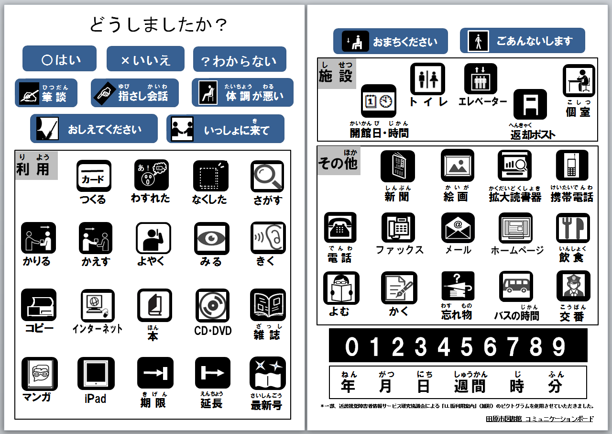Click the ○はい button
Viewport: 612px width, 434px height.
pos(59,59)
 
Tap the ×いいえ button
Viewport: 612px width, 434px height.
pos(145,59)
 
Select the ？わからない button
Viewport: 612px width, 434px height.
pos(240,60)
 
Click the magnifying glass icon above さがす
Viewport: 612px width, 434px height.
pos(267,177)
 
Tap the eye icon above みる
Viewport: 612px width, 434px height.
pos(211,238)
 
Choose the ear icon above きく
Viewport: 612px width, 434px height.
pos(268,238)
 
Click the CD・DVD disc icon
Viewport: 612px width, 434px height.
pos(212,305)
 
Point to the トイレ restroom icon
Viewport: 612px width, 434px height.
pos(427,79)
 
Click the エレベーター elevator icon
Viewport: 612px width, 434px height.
pos(481,79)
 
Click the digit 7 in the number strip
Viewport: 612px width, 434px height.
pos(512,346)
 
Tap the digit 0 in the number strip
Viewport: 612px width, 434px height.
pos(351,346)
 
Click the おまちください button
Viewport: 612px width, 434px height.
pos(390,41)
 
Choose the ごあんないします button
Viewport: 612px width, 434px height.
pos(522,41)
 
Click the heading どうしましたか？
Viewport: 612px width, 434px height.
pos(158,24)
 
